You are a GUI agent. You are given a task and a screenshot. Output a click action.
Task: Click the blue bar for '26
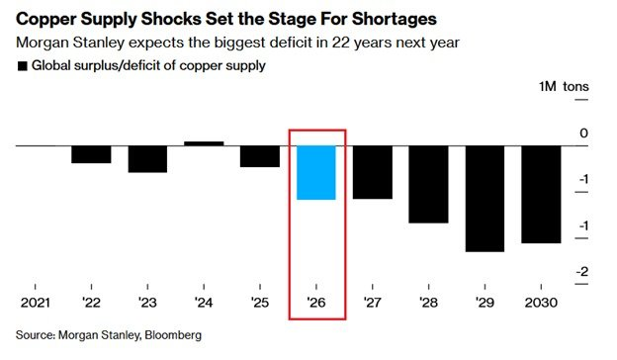click(316, 173)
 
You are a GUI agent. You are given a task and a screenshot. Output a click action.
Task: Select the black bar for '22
click(91, 154)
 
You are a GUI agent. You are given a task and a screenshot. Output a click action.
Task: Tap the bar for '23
click(147, 159)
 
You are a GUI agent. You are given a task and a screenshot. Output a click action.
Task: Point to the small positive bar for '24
click(204, 143)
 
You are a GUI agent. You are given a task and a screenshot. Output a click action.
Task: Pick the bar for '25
click(260, 156)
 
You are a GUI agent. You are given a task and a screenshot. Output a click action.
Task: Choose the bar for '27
click(373, 172)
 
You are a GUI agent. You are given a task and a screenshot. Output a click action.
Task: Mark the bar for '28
click(429, 184)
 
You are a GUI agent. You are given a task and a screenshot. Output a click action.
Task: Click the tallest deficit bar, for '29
click(485, 199)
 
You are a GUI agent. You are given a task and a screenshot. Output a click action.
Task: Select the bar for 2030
click(541, 194)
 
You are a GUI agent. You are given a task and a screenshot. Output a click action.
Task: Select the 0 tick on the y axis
click(583, 134)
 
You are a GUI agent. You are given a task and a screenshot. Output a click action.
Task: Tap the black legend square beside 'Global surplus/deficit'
click(22, 66)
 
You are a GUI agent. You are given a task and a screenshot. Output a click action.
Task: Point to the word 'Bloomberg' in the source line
click(172, 335)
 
